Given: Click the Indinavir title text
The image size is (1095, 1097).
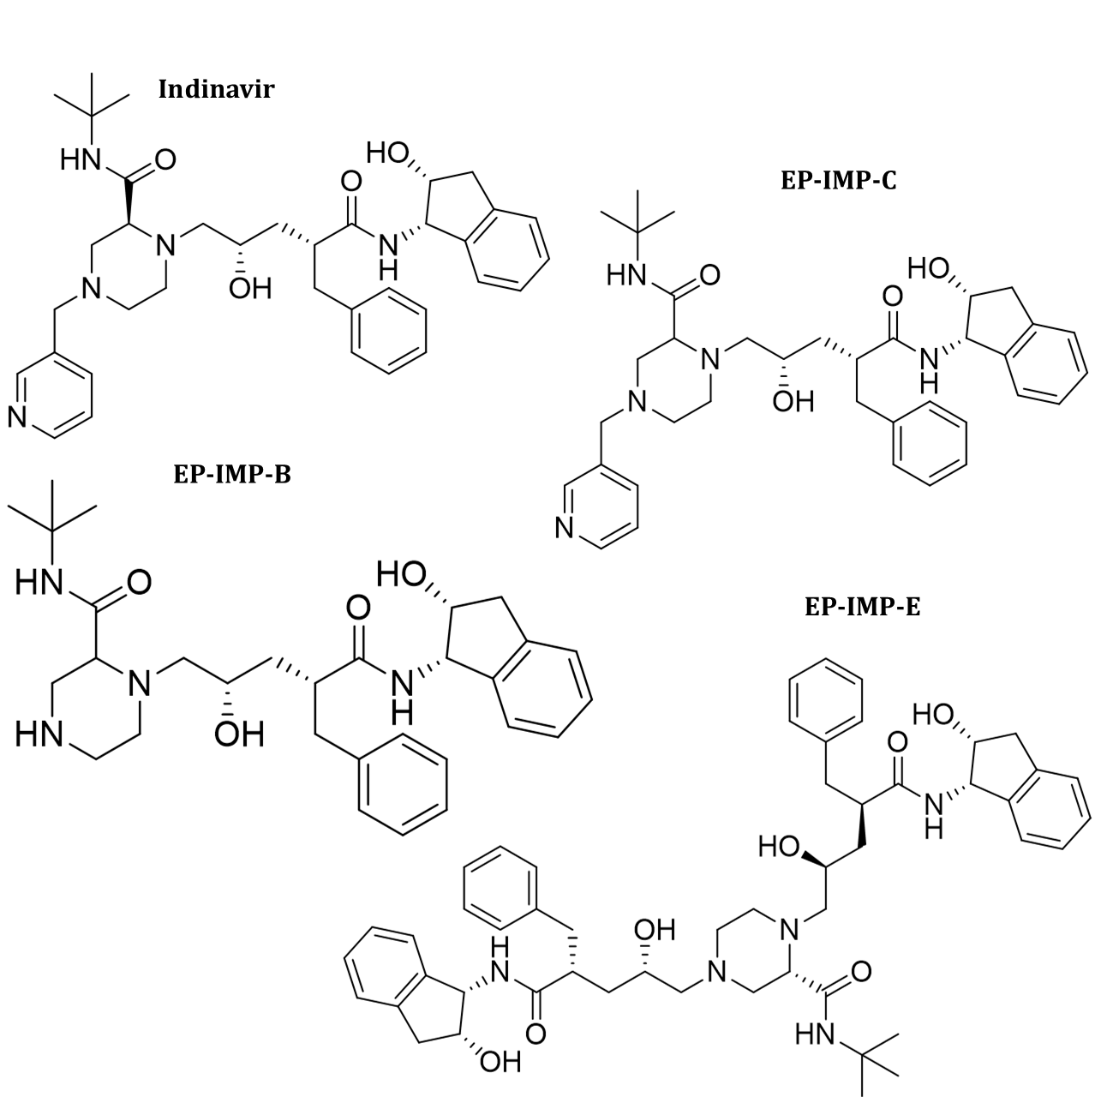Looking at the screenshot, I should [216, 89].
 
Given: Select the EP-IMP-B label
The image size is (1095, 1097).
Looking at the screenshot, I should [231, 474].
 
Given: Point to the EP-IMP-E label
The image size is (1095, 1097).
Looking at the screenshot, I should [862, 607].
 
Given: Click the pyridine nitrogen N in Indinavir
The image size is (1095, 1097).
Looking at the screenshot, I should [17, 417].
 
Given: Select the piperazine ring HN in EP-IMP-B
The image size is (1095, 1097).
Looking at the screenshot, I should [39, 735].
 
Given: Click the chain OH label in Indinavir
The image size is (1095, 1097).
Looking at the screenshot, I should [250, 289].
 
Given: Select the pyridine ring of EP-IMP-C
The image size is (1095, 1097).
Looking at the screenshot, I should [600, 506].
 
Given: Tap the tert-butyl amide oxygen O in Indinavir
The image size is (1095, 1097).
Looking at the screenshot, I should [165, 159].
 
